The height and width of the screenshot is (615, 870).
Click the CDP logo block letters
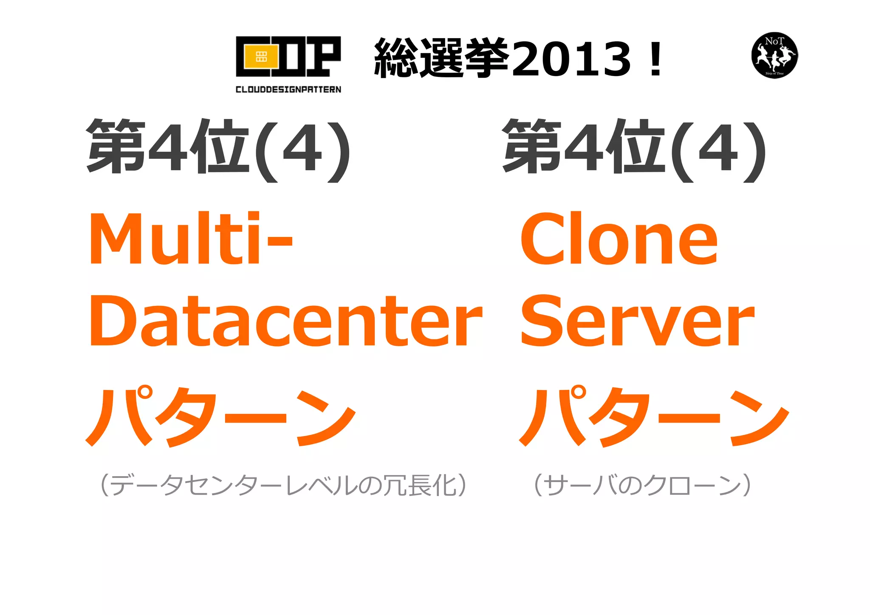(288, 56)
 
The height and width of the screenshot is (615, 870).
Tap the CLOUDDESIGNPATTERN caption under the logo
(288, 89)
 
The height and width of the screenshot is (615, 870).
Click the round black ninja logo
(774, 55)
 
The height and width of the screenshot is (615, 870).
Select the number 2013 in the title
(571, 59)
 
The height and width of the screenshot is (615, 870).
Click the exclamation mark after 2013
(656, 59)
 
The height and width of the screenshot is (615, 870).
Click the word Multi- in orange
(190, 239)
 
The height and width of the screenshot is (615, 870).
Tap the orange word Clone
(619, 239)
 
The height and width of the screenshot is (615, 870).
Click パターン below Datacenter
(221, 416)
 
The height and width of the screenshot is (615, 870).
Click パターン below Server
(654, 416)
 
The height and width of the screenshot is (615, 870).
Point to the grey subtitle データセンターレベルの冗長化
(283, 485)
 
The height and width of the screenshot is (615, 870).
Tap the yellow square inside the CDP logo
(261, 57)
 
